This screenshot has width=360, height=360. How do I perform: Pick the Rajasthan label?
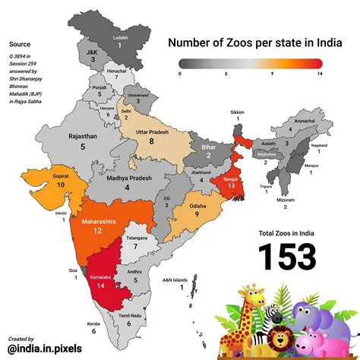[81, 136]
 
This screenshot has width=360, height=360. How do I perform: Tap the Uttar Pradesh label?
[152, 131]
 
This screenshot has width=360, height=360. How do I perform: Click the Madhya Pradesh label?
[128, 177]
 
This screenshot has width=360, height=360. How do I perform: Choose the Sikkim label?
[238, 112]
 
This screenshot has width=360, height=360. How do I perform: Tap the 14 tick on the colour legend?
[321, 74]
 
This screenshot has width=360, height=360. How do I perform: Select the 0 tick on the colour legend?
[179, 74]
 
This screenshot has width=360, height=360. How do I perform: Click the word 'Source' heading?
[20, 45]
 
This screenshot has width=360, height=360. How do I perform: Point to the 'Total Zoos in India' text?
[286, 233]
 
